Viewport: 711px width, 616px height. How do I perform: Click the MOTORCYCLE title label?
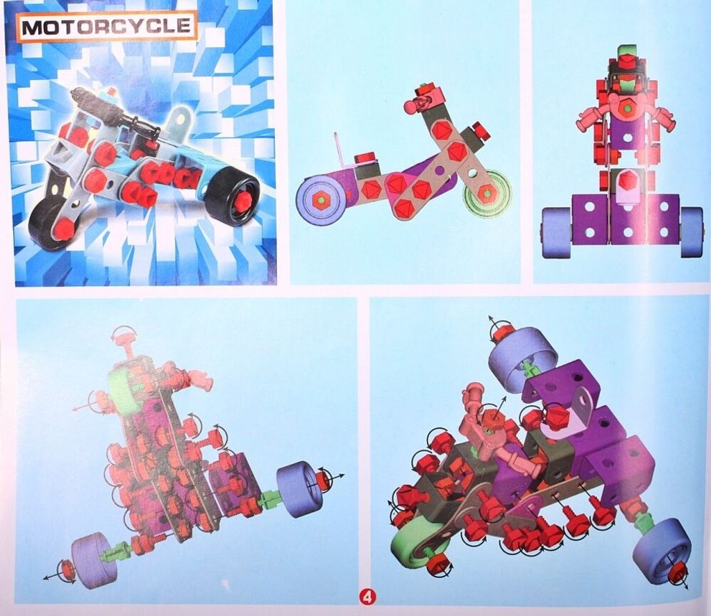tap(106, 27)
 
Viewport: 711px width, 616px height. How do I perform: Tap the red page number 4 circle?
tap(367, 597)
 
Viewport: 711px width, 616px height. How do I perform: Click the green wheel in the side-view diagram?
tap(486, 193)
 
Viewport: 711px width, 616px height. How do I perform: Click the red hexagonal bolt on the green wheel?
tap(486, 192)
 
